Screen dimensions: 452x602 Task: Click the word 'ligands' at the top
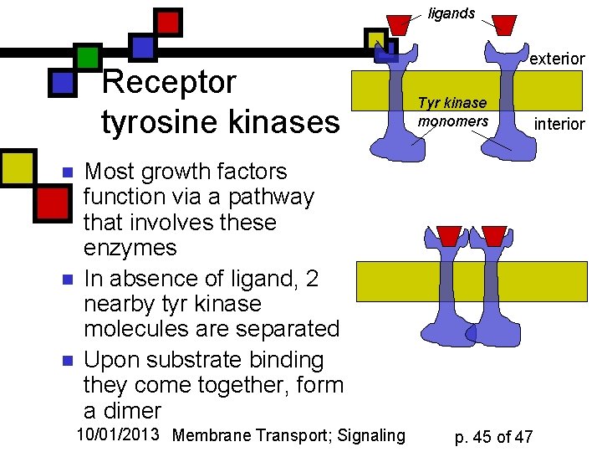451,13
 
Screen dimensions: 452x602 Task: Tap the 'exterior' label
557,59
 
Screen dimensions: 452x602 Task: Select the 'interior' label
559,124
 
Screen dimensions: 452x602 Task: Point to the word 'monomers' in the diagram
453,121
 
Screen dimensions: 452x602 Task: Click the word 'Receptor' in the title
169,83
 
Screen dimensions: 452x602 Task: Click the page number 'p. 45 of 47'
493,436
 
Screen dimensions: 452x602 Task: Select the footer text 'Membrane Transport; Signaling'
288,434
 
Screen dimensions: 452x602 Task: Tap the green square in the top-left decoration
87,56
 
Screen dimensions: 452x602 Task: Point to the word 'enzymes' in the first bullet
130,248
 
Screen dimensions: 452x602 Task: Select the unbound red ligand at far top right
504,25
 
